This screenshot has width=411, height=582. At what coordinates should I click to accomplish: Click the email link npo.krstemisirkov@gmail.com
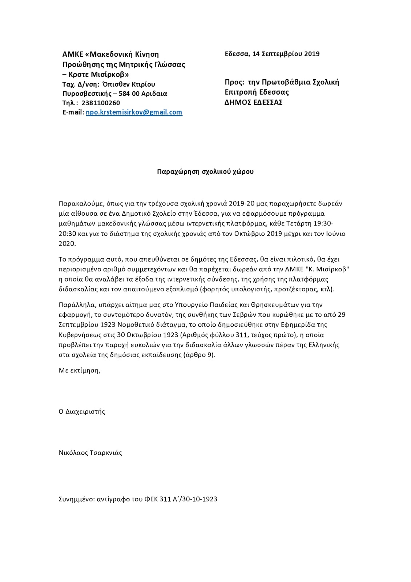(x=134, y=112)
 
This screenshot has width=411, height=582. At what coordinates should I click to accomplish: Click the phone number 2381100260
(x=101, y=103)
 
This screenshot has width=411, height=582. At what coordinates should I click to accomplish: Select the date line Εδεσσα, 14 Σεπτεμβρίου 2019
(x=272, y=54)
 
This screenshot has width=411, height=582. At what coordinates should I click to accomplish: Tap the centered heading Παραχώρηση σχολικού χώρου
(x=205, y=172)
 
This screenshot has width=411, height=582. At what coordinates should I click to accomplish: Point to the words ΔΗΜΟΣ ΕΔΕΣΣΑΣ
(x=253, y=102)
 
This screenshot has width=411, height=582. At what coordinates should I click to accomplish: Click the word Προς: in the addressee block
(x=234, y=82)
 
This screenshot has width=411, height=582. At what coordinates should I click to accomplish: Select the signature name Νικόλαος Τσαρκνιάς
(x=90, y=453)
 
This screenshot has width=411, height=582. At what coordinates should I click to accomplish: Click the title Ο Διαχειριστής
(x=82, y=412)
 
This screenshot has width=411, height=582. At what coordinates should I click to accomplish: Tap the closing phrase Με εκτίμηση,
(x=80, y=371)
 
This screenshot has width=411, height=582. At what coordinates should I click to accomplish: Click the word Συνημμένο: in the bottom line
(x=76, y=499)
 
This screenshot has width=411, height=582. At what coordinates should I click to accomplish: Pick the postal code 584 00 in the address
(x=132, y=94)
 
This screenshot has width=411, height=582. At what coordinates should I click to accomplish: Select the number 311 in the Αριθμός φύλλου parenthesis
(x=238, y=335)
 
